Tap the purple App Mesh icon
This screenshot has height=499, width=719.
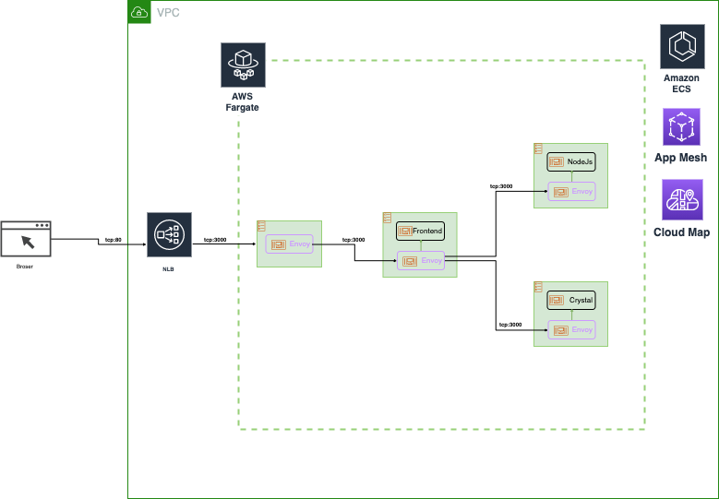tap(682, 127)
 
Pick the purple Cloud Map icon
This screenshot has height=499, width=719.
tap(682, 200)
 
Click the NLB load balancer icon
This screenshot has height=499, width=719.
tap(170, 236)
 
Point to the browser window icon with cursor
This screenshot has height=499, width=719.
tap(26, 239)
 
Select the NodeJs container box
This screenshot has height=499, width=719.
tap(571, 161)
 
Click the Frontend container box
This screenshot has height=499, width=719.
tap(421, 231)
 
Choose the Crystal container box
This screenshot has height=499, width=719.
tap(571, 301)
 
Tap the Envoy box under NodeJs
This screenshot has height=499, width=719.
tap(572, 191)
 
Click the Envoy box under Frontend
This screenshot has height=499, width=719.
tap(421, 261)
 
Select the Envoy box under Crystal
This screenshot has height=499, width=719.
tap(572, 329)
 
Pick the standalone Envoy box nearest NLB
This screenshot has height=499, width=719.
tap(290, 244)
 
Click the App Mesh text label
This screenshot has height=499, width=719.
tap(680, 158)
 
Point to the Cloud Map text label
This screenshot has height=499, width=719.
tap(681, 232)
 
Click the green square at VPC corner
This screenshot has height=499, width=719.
tap(139, 12)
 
